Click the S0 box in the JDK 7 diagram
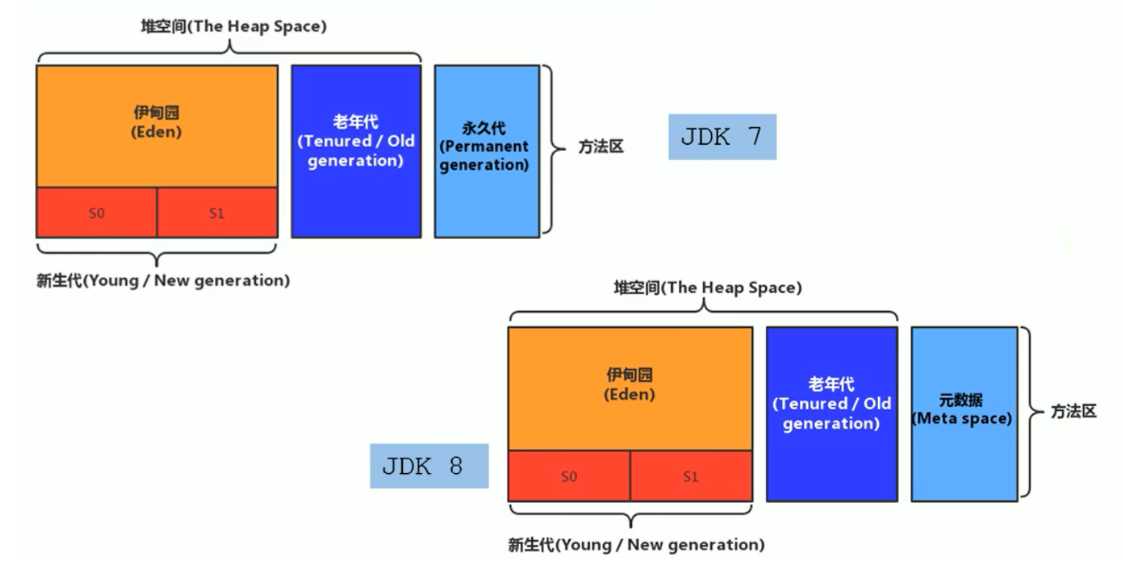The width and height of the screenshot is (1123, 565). [x=96, y=212]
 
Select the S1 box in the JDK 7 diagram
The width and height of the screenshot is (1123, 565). [x=217, y=212]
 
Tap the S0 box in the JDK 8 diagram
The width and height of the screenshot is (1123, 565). [x=568, y=476]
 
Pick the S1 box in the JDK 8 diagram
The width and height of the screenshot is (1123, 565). [x=691, y=476]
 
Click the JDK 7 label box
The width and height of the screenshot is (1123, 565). [x=722, y=137]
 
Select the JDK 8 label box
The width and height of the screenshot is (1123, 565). [x=429, y=466]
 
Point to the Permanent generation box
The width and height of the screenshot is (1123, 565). [x=486, y=151]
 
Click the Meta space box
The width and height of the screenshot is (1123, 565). [x=964, y=413]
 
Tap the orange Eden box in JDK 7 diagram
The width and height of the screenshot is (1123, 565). [x=156, y=126]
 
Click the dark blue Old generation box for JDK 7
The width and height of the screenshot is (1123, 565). [x=356, y=151]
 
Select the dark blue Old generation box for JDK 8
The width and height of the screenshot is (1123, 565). [x=831, y=413]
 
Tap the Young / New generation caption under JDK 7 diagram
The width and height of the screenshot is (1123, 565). [x=163, y=281]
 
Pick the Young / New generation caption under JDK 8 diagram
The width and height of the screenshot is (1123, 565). [x=636, y=544]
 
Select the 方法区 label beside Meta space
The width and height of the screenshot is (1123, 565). [x=1074, y=412]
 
